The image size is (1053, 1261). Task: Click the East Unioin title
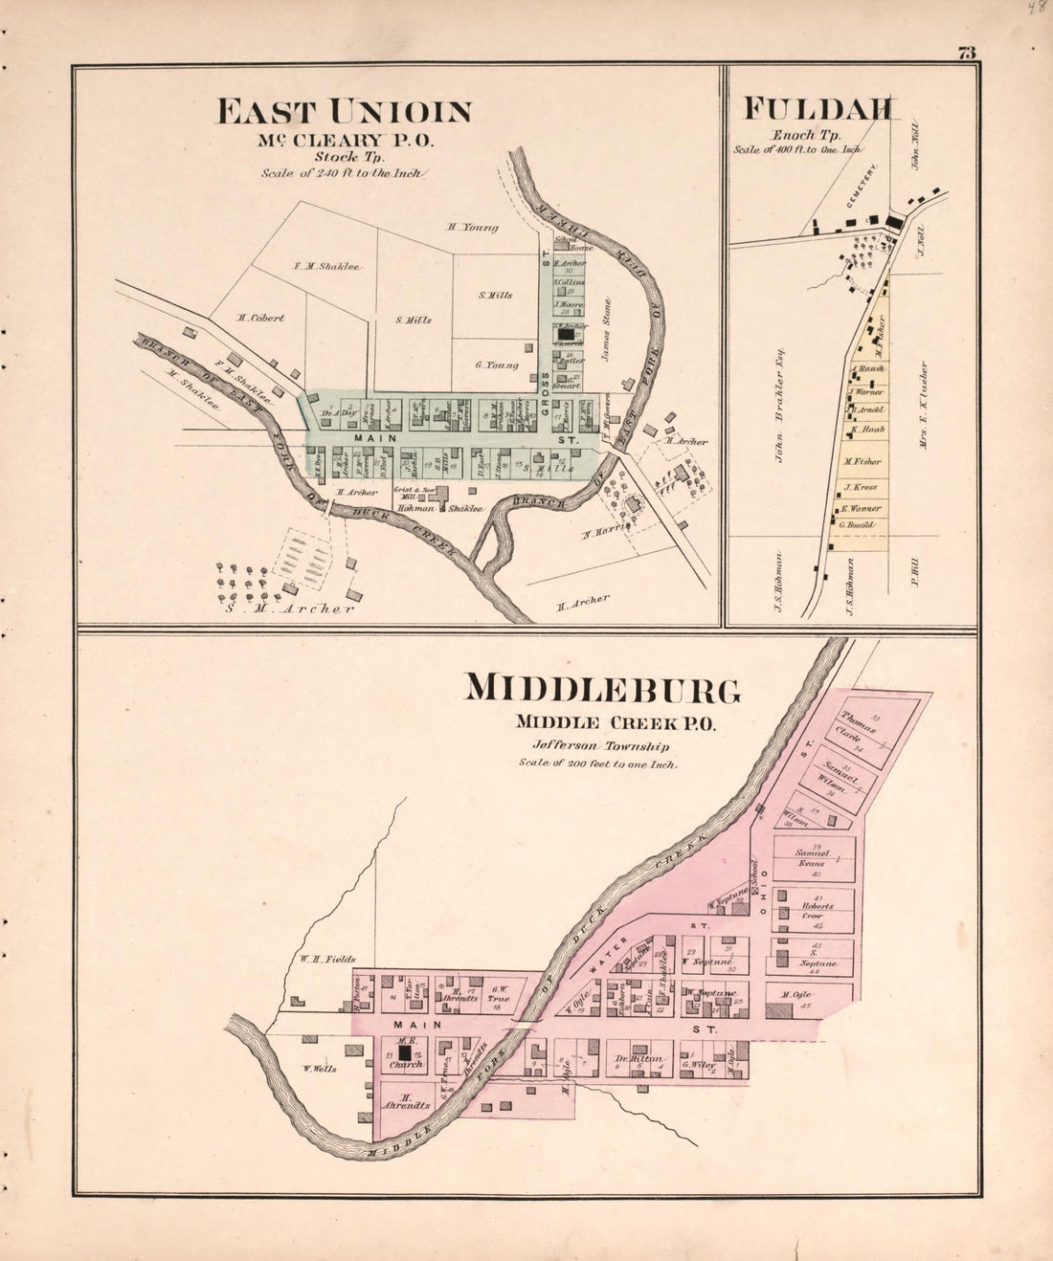(x=344, y=112)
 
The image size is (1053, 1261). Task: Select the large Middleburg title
(x=602, y=690)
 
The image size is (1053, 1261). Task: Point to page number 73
(x=966, y=54)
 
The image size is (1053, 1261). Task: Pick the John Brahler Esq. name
(x=779, y=406)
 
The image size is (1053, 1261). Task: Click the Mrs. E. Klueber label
(x=924, y=405)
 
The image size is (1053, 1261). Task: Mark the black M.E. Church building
(x=405, y=1051)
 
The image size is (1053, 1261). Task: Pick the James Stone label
(x=605, y=330)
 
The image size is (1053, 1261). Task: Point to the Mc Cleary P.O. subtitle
(x=345, y=140)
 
